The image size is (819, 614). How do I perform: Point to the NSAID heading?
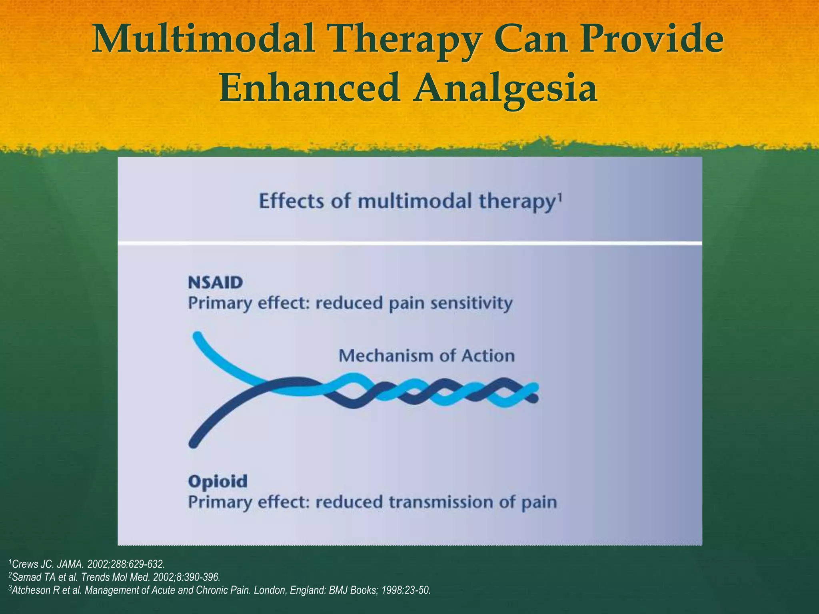(x=215, y=283)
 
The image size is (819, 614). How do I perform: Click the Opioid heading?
(x=218, y=481)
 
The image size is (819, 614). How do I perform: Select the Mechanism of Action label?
(x=426, y=355)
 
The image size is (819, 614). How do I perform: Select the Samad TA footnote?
(x=114, y=577)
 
